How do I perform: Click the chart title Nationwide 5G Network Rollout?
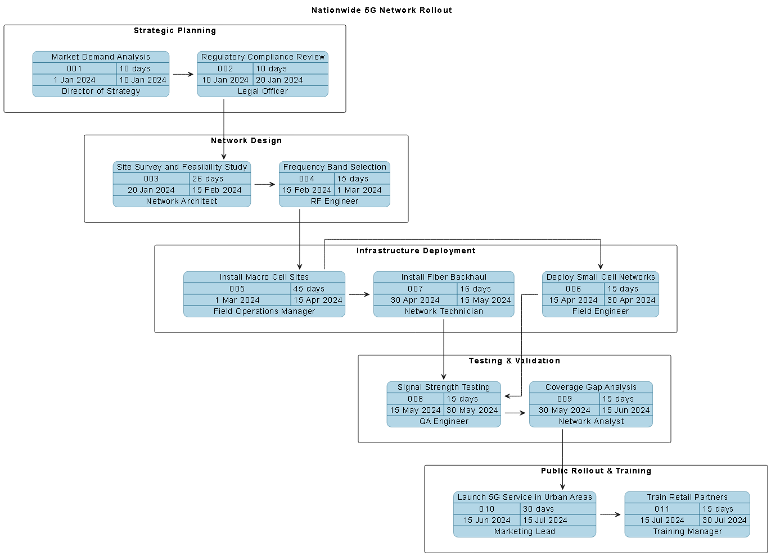pyautogui.click(x=381, y=10)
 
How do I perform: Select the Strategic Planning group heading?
pyautogui.click(x=174, y=30)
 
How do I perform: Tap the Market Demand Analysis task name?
pyautogui.click(x=101, y=57)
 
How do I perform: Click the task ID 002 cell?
pyautogui.click(x=225, y=69)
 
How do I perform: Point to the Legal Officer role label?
pyautogui.click(x=263, y=91)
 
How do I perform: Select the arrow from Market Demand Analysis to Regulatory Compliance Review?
pyautogui.click(x=183, y=74)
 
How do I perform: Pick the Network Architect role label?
pyautogui.click(x=182, y=201)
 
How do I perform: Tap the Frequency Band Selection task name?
pyautogui.click(x=335, y=167)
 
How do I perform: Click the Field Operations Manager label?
pyautogui.click(x=264, y=311)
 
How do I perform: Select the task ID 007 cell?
pyautogui.click(x=415, y=289)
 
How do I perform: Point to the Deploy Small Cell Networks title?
pyautogui.click(x=601, y=277)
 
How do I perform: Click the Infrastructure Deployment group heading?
pyautogui.click(x=416, y=250)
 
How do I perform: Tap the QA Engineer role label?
pyautogui.click(x=444, y=421)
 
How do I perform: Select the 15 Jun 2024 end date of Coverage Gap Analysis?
pyautogui.click(x=626, y=410)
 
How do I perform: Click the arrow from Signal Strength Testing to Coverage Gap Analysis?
pyautogui.click(x=515, y=413)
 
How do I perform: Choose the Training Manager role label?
pyautogui.click(x=687, y=531)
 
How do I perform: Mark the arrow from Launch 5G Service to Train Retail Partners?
pyautogui.click(x=610, y=514)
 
